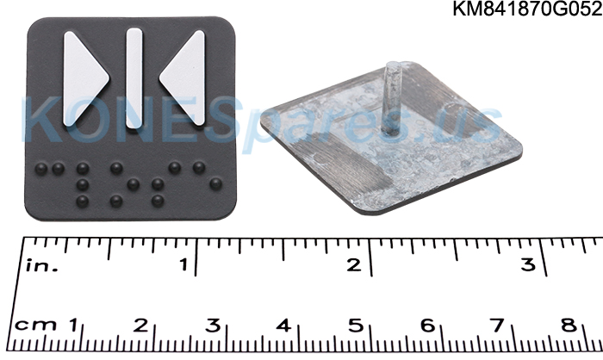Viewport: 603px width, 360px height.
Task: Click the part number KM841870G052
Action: point(527,8)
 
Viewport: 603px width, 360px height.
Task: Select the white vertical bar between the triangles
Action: point(134,78)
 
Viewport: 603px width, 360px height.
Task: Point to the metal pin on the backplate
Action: point(392,97)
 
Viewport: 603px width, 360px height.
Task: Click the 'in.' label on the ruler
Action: point(42,266)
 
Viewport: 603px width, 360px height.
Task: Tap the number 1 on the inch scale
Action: point(184,264)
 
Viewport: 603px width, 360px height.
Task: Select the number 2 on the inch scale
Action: point(354,264)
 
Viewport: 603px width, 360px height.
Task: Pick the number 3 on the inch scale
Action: point(528,264)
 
